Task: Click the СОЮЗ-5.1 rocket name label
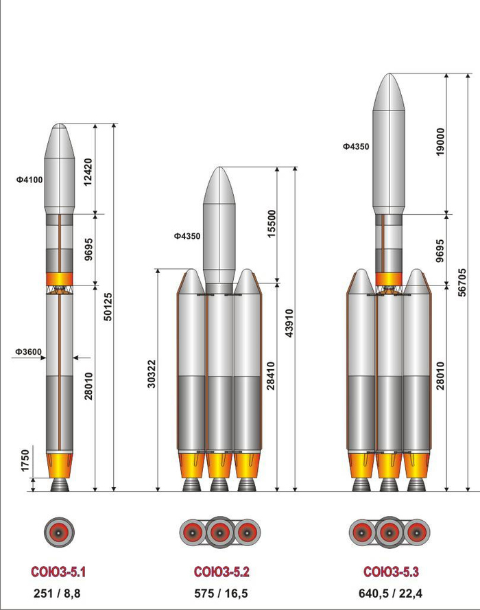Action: coord(58,572)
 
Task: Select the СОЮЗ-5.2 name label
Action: coord(221,572)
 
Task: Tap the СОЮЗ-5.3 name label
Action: coord(391,572)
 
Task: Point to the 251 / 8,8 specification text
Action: coord(57,594)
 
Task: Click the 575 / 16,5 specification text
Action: coord(221,594)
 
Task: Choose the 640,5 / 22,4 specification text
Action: coord(390,594)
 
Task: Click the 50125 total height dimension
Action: coord(108,307)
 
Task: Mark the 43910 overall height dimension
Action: coord(289,323)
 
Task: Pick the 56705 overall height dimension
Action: coord(461,282)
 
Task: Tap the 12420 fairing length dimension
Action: coord(88,172)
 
